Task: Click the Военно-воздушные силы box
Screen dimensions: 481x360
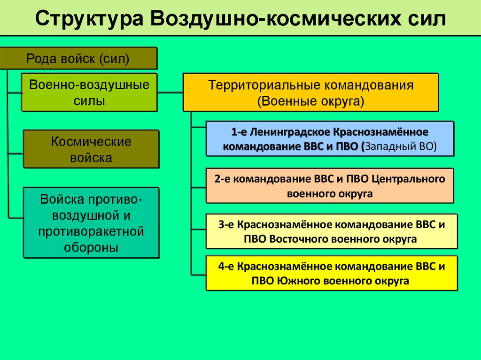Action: [89, 92]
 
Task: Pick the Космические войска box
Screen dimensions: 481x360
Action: [91, 149]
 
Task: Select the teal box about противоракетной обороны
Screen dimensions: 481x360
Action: [91, 222]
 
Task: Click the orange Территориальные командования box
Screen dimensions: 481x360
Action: [310, 92]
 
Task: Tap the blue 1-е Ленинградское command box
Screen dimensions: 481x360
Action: [330, 138]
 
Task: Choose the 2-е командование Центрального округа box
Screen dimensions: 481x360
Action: [330, 185]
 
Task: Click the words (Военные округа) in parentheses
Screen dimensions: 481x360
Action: [310, 101]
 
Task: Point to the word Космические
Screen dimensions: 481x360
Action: [91, 142]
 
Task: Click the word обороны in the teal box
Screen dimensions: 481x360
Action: [91, 247]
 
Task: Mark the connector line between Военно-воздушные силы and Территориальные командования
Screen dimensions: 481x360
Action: [170, 93]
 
